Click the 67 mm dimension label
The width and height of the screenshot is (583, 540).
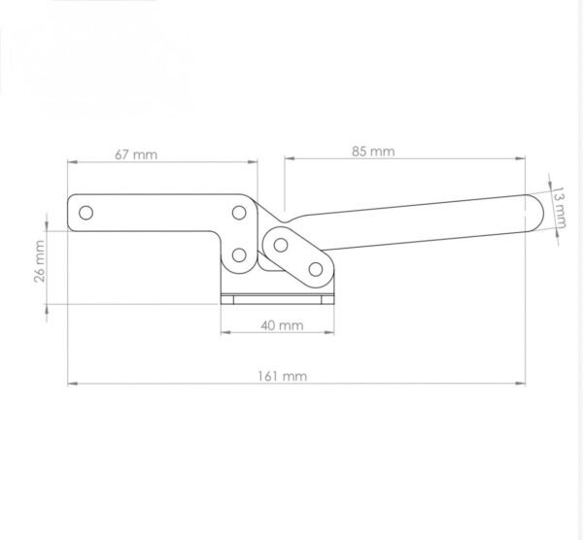(x=136, y=154)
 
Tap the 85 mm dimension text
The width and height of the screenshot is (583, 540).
(x=373, y=152)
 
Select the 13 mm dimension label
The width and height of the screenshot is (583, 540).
(x=558, y=208)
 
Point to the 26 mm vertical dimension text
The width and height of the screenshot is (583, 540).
(x=40, y=261)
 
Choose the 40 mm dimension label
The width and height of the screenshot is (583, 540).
(x=282, y=325)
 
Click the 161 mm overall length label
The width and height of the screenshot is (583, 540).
(x=283, y=376)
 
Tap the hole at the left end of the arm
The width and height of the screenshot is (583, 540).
(x=86, y=213)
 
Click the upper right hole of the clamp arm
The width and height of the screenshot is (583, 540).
(x=239, y=213)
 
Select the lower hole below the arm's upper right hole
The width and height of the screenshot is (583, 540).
(x=239, y=255)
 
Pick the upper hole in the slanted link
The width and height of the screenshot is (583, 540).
(x=281, y=245)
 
